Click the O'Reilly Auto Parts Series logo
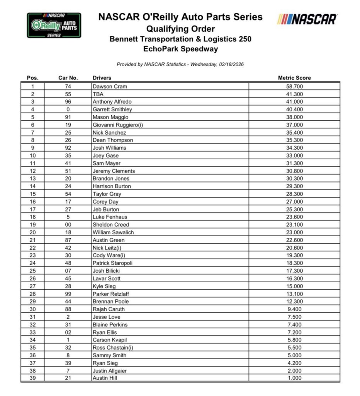pos(54,26)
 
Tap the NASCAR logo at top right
pos(307,19)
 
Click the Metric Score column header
pos(294,78)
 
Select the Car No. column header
pos(68,78)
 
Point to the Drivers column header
pos(102,78)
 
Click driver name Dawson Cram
pos(110,87)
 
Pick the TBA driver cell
pos(98,94)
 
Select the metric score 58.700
pos(294,87)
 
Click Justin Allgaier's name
pos(110,370)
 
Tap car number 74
pos(68,87)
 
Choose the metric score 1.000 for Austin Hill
pos(294,378)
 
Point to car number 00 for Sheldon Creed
pos(68,225)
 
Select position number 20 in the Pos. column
pos(32,232)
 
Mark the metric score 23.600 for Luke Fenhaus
pos(294,217)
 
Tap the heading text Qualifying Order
pos(180,29)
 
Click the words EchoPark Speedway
pos(180,49)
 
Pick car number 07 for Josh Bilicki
pos(68,271)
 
